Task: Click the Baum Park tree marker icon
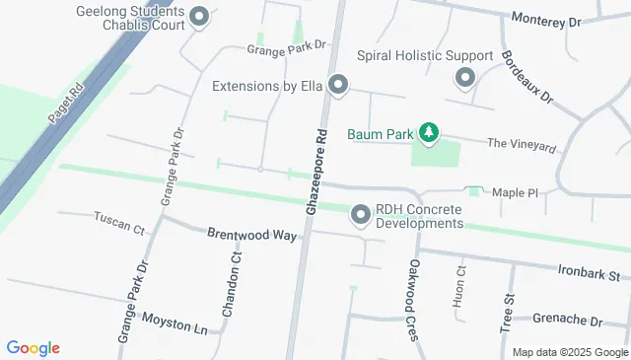pos(428,131)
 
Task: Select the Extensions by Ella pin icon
pos(338,86)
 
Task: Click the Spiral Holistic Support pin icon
pos(464,77)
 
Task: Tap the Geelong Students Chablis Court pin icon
pos(199,17)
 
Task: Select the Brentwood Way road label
pos(251,235)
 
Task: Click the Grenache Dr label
pos(567,321)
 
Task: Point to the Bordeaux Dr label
pos(528,79)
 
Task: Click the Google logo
pos(33,348)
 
